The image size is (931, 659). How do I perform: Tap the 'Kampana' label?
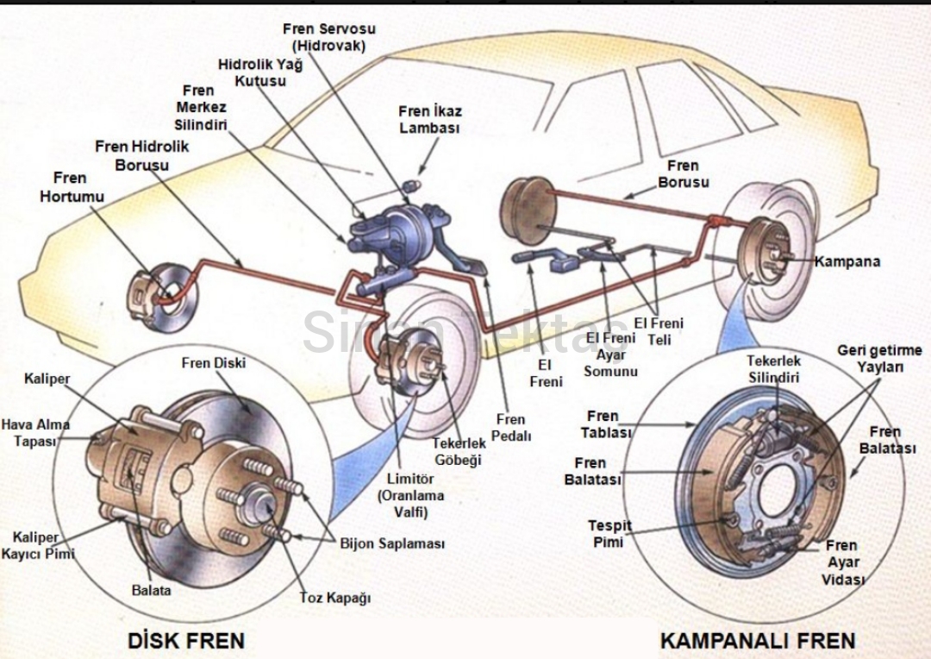(847, 261)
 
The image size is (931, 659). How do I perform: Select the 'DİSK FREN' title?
(186, 640)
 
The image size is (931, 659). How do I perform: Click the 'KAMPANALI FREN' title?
(758, 640)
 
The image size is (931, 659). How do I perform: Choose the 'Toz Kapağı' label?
(334, 597)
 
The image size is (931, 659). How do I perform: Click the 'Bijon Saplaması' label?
(392, 544)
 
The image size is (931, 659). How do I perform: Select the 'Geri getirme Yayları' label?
(879, 358)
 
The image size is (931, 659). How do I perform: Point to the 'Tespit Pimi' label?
(609, 533)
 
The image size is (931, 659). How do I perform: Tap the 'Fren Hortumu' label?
(71, 187)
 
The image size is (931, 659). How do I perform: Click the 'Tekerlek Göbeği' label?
(459, 451)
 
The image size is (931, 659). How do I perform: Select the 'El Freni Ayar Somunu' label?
(610, 354)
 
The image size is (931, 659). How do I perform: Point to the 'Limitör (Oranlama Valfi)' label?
(410, 495)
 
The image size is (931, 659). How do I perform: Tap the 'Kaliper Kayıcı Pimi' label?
(37, 545)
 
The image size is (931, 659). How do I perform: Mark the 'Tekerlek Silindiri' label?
(773, 369)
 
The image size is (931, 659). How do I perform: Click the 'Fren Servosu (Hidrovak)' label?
(328, 37)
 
